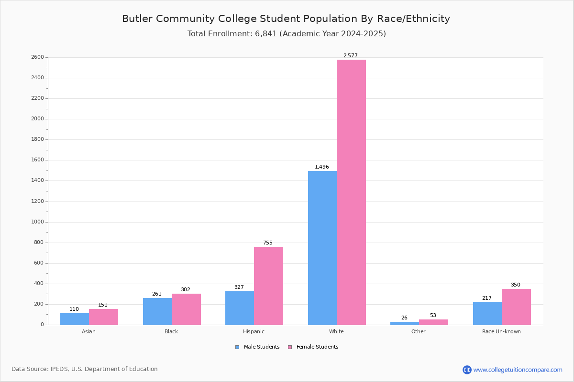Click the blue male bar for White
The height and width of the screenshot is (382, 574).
click(322, 248)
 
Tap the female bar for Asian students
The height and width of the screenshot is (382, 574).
click(103, 317)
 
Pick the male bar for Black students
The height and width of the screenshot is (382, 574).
click(157, 311)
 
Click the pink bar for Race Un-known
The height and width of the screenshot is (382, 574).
click(516, 307)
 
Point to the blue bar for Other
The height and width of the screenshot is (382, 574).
click(405, 323)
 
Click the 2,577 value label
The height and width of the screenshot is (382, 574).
click(351, 56)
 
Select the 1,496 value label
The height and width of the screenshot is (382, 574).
click(322, 167)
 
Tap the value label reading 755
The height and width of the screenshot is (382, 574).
click(268, 243)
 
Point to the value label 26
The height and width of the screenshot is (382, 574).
click(405, 318)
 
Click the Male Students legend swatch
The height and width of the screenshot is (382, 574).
click(237, 347)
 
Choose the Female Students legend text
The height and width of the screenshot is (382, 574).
click(317, 347)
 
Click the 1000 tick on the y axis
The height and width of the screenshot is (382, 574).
click(37, 222)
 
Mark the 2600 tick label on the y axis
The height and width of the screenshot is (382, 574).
click(37, 57)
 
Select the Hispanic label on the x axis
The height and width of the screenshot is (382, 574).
click(254, 331)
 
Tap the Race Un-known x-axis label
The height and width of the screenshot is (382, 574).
click(501, 331)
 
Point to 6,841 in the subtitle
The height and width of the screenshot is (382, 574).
click(266, 34)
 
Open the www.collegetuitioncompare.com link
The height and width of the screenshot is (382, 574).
click(518, 370)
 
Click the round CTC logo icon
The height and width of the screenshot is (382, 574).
click(467, 370)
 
